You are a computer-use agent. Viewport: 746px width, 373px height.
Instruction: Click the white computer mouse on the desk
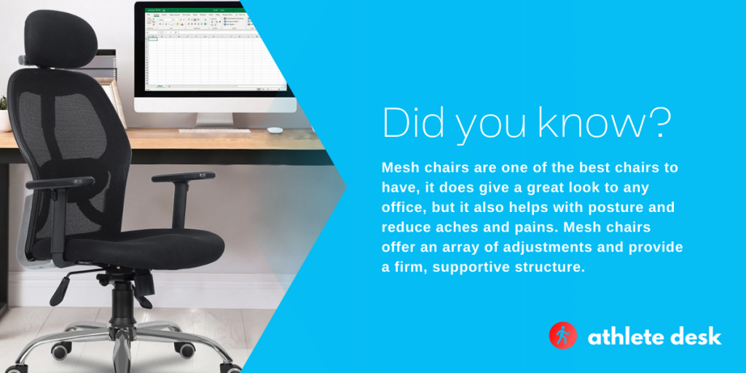275,130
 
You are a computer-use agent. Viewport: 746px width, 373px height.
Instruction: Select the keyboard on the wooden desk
214,131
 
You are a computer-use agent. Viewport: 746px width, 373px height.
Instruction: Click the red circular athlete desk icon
562,336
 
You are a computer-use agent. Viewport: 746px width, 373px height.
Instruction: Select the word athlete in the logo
623,337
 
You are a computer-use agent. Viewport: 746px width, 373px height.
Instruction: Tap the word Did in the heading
407,124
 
